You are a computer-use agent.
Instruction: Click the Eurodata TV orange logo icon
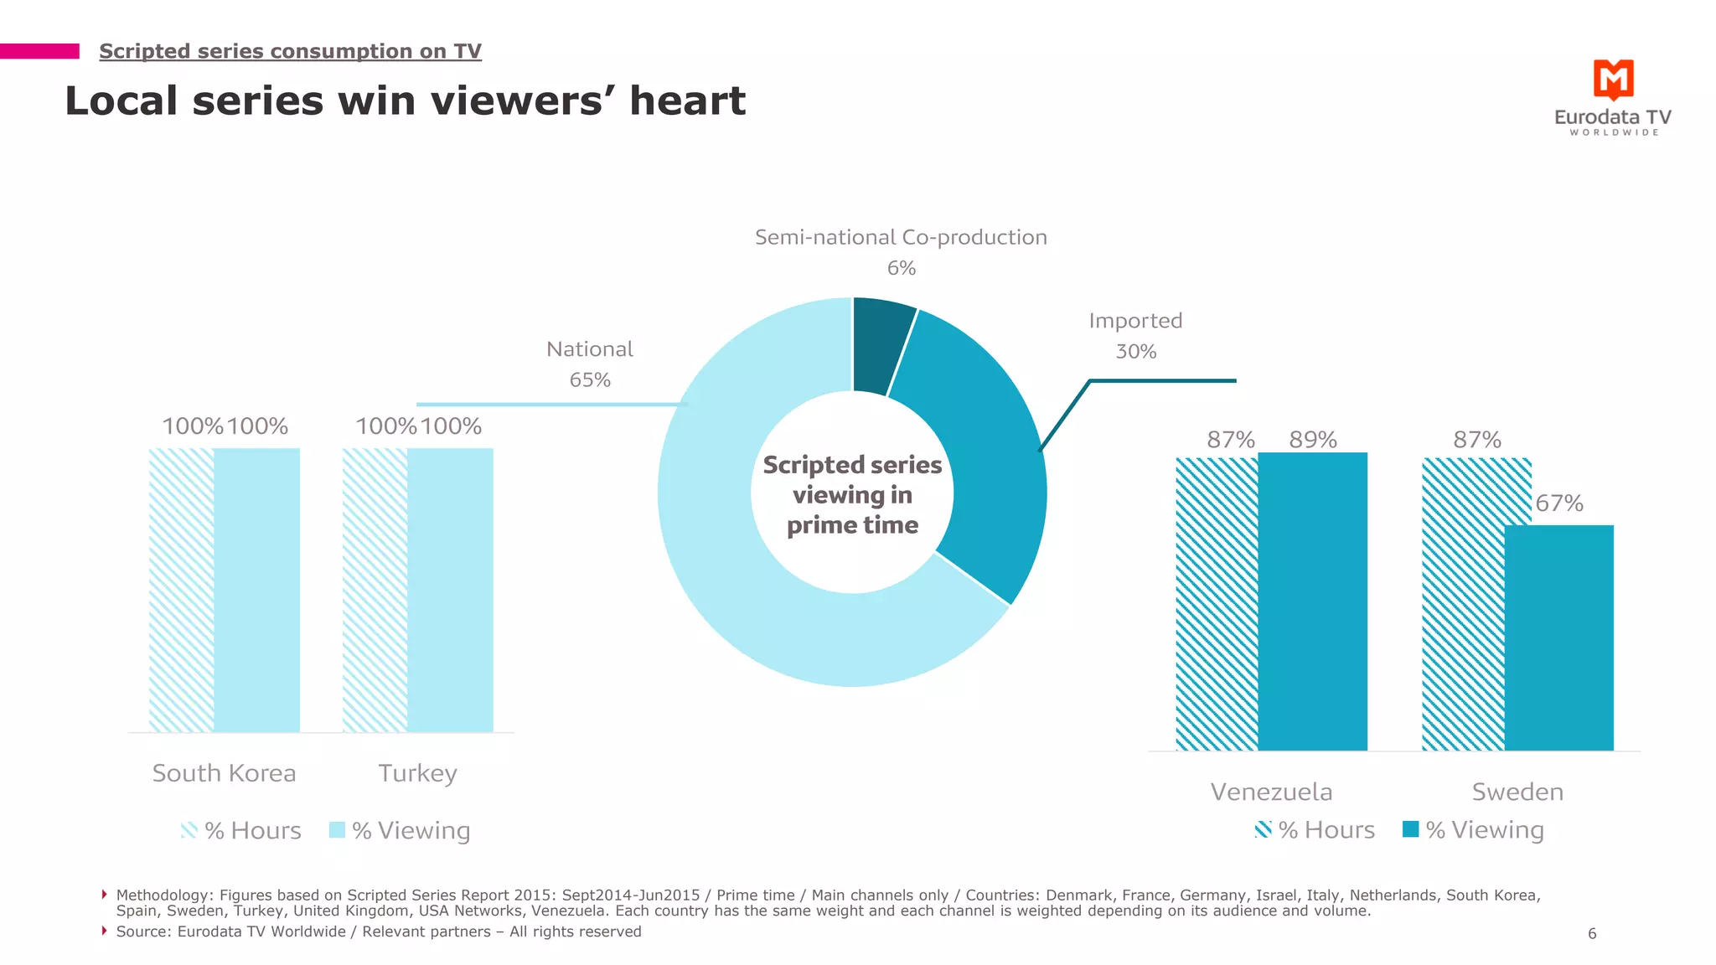(x=1613, y=80)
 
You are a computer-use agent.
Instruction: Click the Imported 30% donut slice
(x=989, y=452)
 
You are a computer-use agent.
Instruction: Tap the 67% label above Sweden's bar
(x=1558, y=503)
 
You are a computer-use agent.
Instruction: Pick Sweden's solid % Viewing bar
(x=1558, y=637)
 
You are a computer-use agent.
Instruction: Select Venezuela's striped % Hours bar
(x=1217, y=603)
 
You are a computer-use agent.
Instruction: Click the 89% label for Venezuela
(x=1312, y=440)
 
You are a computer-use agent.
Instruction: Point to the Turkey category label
(x=417, y=773)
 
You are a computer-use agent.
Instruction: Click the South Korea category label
(x=224, y=773)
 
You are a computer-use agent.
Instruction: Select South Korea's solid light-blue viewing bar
(x=256, y=591)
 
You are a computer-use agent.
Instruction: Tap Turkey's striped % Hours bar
(x=375, y=591)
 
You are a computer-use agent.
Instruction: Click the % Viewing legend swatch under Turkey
(x=337, y=830)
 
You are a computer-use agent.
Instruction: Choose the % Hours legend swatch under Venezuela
(x=1263, y=829)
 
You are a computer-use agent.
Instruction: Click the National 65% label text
(x=589, y=364)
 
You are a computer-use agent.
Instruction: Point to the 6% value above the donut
(x=901, y=268)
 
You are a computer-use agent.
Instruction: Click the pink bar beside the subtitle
(x=39, y=51)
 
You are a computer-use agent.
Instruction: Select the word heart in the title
(x=687, y=101)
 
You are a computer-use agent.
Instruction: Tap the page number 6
(x=1592, y=933)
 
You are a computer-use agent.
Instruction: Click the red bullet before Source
(x=104, y=931)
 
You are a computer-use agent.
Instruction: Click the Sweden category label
(x=1517, y=792)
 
